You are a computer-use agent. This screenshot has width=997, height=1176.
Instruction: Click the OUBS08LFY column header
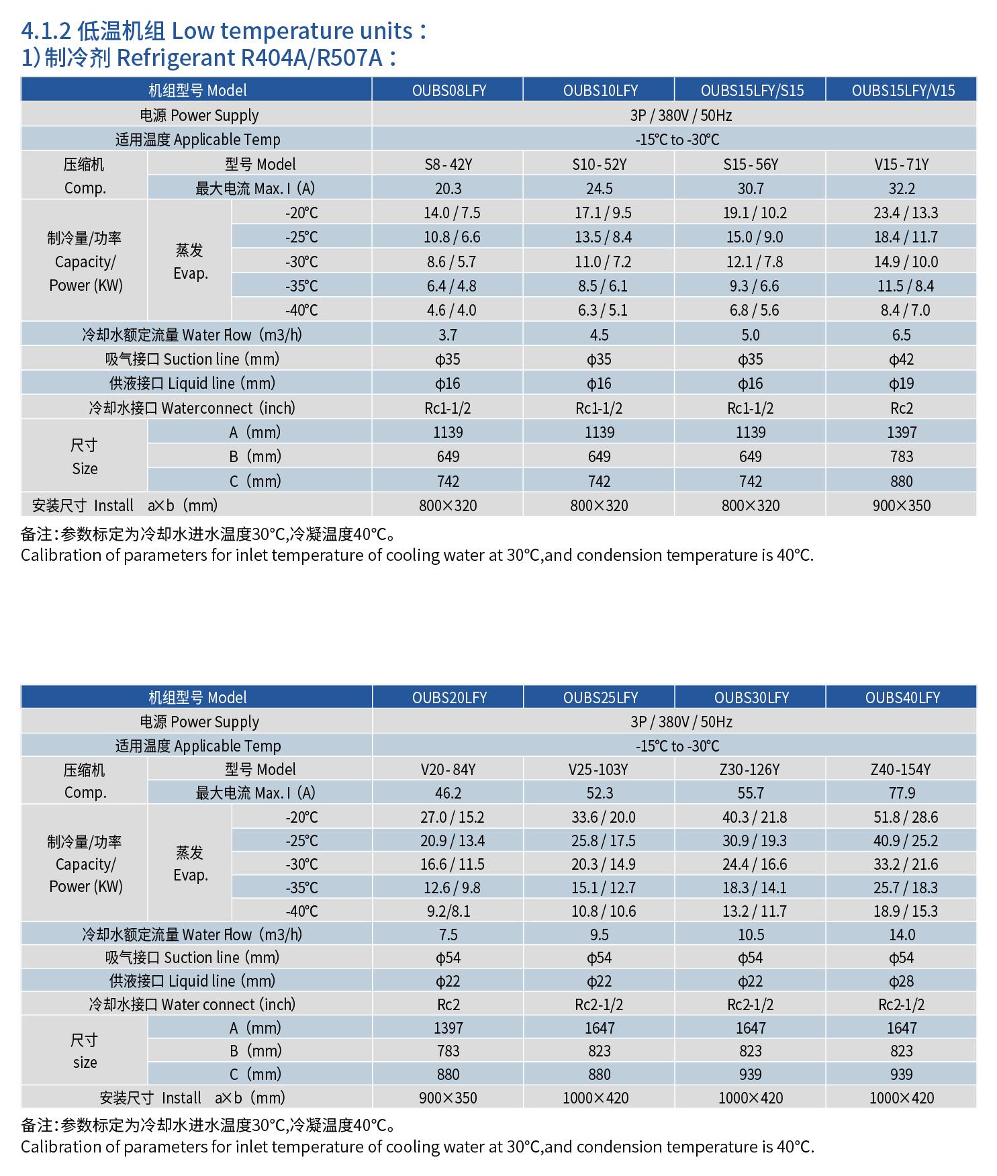(448, 90)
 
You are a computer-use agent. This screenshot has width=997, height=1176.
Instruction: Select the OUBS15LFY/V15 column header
(902, 90)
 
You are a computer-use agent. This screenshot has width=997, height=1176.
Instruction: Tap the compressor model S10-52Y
(599, 165)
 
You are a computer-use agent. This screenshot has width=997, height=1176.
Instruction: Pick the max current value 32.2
(902, 189)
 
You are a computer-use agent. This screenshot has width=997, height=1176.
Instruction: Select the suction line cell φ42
(901, 359)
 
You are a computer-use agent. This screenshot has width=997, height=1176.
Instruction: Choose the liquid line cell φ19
(901, 383)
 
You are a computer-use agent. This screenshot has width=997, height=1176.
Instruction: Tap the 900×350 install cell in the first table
(901, 506)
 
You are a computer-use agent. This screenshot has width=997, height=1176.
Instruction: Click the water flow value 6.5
(901, 335)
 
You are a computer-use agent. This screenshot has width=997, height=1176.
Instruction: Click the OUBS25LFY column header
(600, 697)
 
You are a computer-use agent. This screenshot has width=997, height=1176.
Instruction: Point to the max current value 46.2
(448, 793)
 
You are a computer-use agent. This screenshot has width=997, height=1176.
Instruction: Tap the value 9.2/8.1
(448, 911)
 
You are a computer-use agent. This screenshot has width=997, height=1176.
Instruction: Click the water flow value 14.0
(902, 935)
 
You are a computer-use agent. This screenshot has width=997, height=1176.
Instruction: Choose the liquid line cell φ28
(901, 981)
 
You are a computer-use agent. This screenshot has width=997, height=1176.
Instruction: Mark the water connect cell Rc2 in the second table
(448, 1005)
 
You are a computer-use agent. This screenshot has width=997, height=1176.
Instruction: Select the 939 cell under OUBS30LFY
(750, 1075)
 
